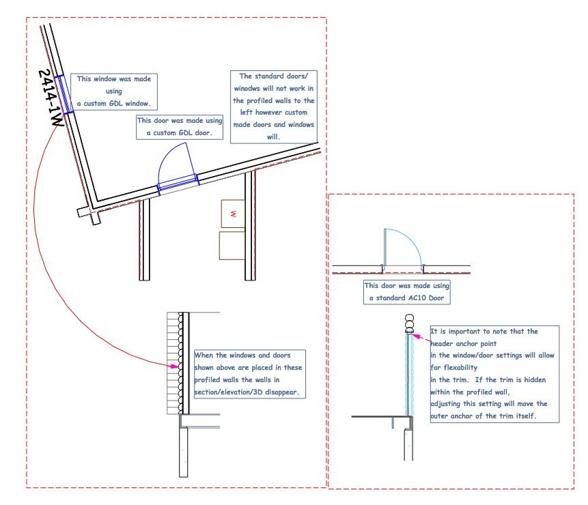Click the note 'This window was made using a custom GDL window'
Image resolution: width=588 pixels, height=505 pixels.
coord(114,91)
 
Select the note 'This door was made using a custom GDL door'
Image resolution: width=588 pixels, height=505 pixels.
coord(180,127)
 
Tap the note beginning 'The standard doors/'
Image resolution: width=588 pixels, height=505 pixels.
coord(274,106)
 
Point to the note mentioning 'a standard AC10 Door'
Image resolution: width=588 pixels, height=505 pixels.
coord(407,292)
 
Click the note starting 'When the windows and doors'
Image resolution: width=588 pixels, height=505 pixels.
coord(250,374)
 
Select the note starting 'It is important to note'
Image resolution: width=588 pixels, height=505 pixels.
coord(494,374)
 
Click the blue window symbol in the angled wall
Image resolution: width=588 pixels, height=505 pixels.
coord(64,94)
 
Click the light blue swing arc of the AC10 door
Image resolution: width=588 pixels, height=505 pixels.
coord(411,240)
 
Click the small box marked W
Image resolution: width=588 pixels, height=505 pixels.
coord(233,214)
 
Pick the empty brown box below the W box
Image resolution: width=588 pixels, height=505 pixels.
coord(232,246)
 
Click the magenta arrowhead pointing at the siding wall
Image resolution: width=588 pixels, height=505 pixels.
coord(175,366)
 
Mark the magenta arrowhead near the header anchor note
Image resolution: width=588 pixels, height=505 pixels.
coord(415,336)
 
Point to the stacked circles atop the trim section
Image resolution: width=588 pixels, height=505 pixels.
coord(409,323)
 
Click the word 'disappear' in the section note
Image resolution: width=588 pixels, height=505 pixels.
coord(281,392)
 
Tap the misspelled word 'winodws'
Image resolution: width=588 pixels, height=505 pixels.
coord(247,89)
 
